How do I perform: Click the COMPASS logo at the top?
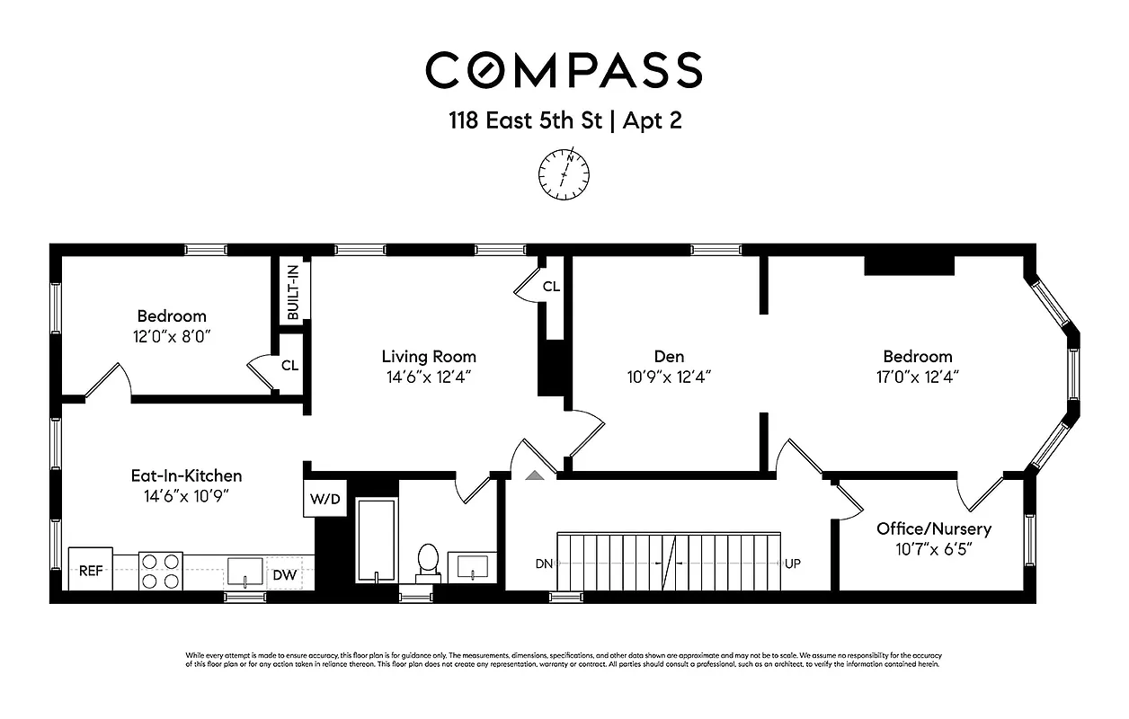(564, 70)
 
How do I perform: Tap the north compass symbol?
(564, 173)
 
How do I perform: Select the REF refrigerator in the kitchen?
(91, 570)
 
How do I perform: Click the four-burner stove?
(161, 570)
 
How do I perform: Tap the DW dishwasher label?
(284, 574)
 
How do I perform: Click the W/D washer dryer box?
(324, 500)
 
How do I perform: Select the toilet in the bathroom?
(428, 560)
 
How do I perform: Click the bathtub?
(376, 540)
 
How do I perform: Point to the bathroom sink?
(473, 567)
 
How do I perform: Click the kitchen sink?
(244, 571)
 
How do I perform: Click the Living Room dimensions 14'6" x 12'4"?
(429, 377)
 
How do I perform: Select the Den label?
(670, 356)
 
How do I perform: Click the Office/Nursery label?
(934, 528)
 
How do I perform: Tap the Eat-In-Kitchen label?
(186, 475)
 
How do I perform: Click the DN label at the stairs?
(544, 564)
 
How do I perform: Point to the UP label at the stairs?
(792, 564)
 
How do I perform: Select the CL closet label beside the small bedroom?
(289, 365)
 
